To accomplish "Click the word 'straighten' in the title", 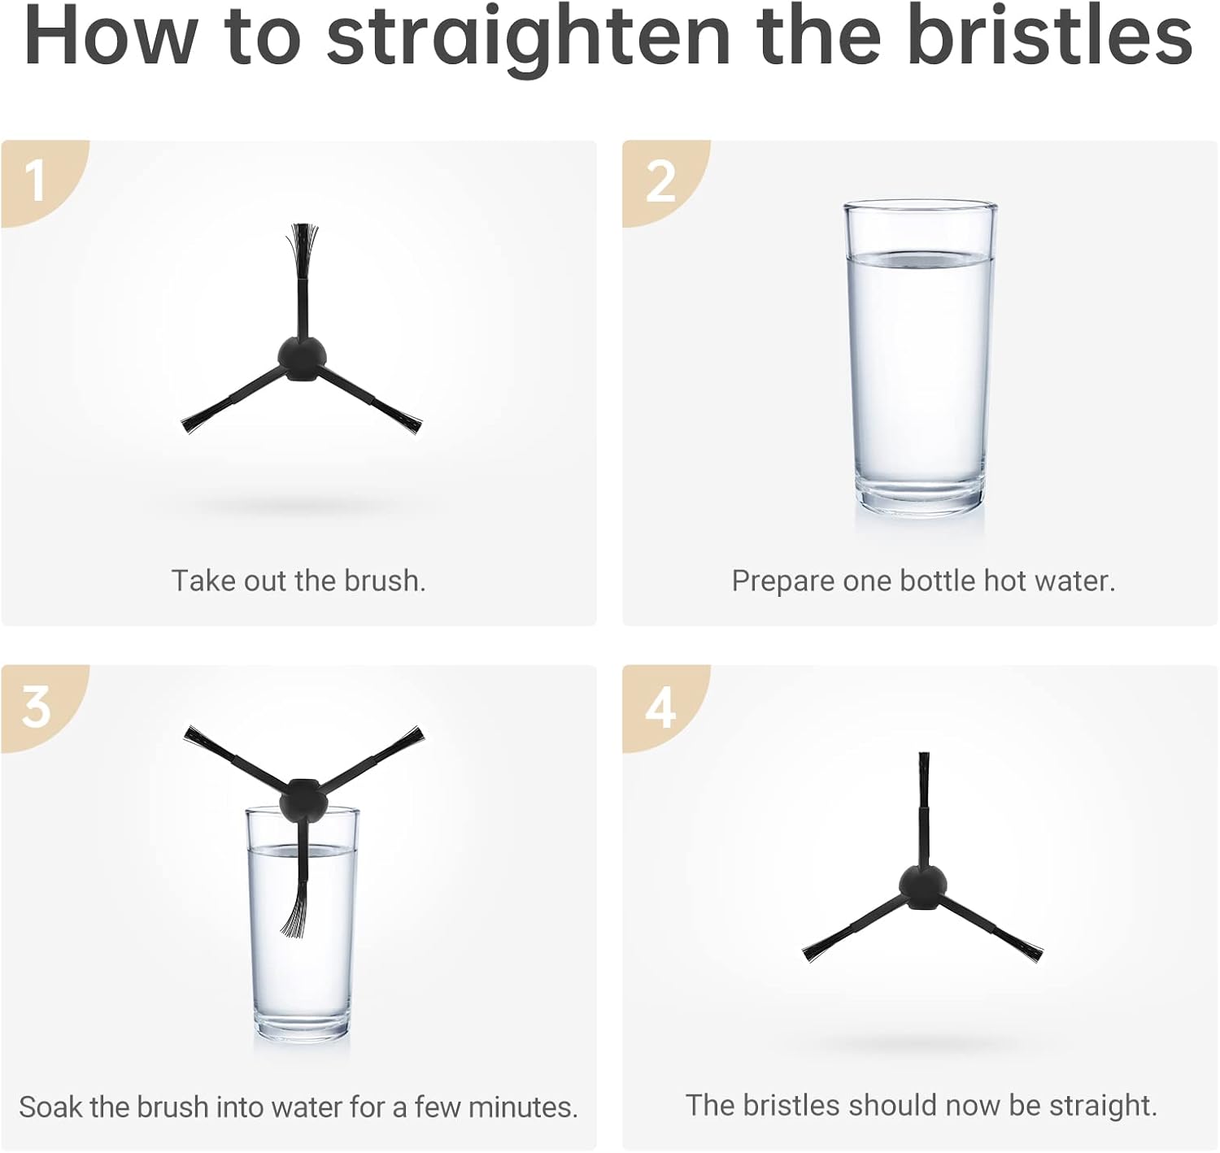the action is coord(528,37).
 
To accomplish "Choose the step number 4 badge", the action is coord(660,707).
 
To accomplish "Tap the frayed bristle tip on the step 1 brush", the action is coord(303,250).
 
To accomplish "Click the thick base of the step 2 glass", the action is coord(920,497).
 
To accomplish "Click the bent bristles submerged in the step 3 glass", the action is coord(295,913).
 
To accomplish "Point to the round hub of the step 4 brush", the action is coord(923,888).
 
